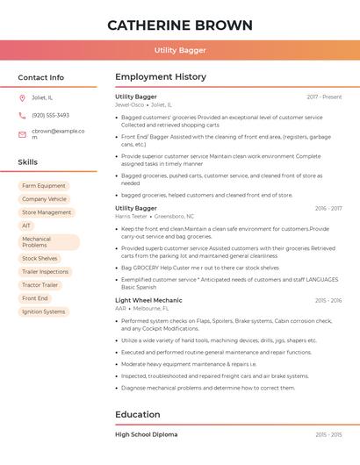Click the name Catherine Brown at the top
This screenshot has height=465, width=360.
(x=180, y=25)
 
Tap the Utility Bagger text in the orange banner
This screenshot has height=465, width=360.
(x=180, y=51)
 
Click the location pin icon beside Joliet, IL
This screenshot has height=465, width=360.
(x=22, y=98)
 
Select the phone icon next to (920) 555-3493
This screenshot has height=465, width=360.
(x=22, y=116)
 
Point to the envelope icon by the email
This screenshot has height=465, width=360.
(x=22, y=134)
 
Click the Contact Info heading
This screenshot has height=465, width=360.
(x=40, y=77)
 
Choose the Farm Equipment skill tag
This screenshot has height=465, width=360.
(x=44, y=186)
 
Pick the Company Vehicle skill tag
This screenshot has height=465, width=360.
(x=44, y=199)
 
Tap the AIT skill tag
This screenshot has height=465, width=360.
(x=26, y=225)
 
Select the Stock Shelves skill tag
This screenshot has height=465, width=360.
(x=40, y=259)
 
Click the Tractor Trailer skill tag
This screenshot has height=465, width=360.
(x=40, y=285)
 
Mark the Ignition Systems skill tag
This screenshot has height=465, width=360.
(x=43, y=311)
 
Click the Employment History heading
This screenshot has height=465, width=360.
(x=161, y=77)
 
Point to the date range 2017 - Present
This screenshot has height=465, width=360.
(x=324, y=97)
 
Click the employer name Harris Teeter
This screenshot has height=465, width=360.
(x=132, y=216)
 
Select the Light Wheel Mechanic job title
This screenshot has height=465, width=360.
(x=148, y=300)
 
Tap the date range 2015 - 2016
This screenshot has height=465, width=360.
(x=328, y=300)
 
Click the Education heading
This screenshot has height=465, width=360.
(x=138, y=414)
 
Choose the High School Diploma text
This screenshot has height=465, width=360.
(x=146, y=434)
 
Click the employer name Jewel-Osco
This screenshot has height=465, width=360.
(x=129, y=104)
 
